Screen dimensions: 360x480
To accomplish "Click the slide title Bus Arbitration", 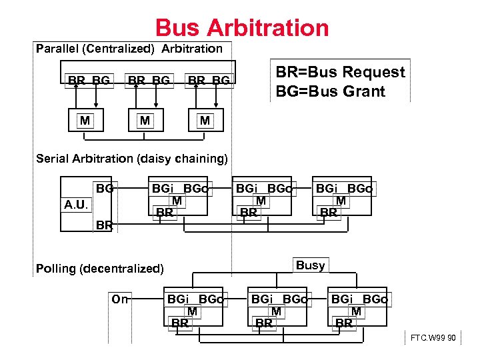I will (x=242, y=28).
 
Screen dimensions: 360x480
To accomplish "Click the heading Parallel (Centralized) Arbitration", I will (x=129, y=49).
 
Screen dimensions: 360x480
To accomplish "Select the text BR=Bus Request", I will (x=340, y=72).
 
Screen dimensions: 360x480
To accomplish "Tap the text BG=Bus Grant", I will (x=331, y=91).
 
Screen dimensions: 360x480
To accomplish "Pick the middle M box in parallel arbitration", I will (x=143, y=121).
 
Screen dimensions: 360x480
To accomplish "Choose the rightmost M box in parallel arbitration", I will (x=205, y=121).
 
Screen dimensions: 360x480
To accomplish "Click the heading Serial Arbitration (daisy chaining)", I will (x=132, y=159).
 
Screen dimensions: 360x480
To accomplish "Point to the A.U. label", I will (x=75, y=204).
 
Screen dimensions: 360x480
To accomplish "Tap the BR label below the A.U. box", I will (x=103, y=225).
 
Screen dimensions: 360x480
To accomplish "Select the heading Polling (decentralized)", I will (x=99, y=269).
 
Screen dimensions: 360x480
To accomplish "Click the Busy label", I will (x=311, y=265).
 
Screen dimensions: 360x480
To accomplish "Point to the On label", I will (x=120, y=299).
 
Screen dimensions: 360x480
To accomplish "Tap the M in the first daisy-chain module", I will (x=177, y=201).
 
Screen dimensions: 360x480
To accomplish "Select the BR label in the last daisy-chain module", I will (x=329, y=213).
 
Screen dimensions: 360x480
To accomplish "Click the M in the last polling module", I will (x=357, y=311).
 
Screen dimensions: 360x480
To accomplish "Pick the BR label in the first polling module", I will (x=180, y=323).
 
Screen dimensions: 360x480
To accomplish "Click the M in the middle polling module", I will (x=276, y=311).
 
